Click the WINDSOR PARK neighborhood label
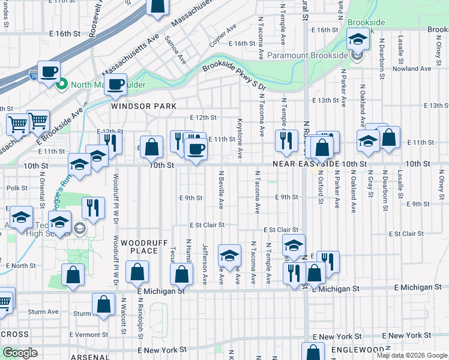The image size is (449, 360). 143,106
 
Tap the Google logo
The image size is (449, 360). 20,353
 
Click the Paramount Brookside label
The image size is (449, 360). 308,55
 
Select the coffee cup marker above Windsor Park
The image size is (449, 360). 116,85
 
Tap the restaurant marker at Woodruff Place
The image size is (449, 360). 92,208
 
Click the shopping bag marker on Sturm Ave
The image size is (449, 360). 104,304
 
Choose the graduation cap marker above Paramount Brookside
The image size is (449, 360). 358,40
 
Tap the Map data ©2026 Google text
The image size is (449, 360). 412,355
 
